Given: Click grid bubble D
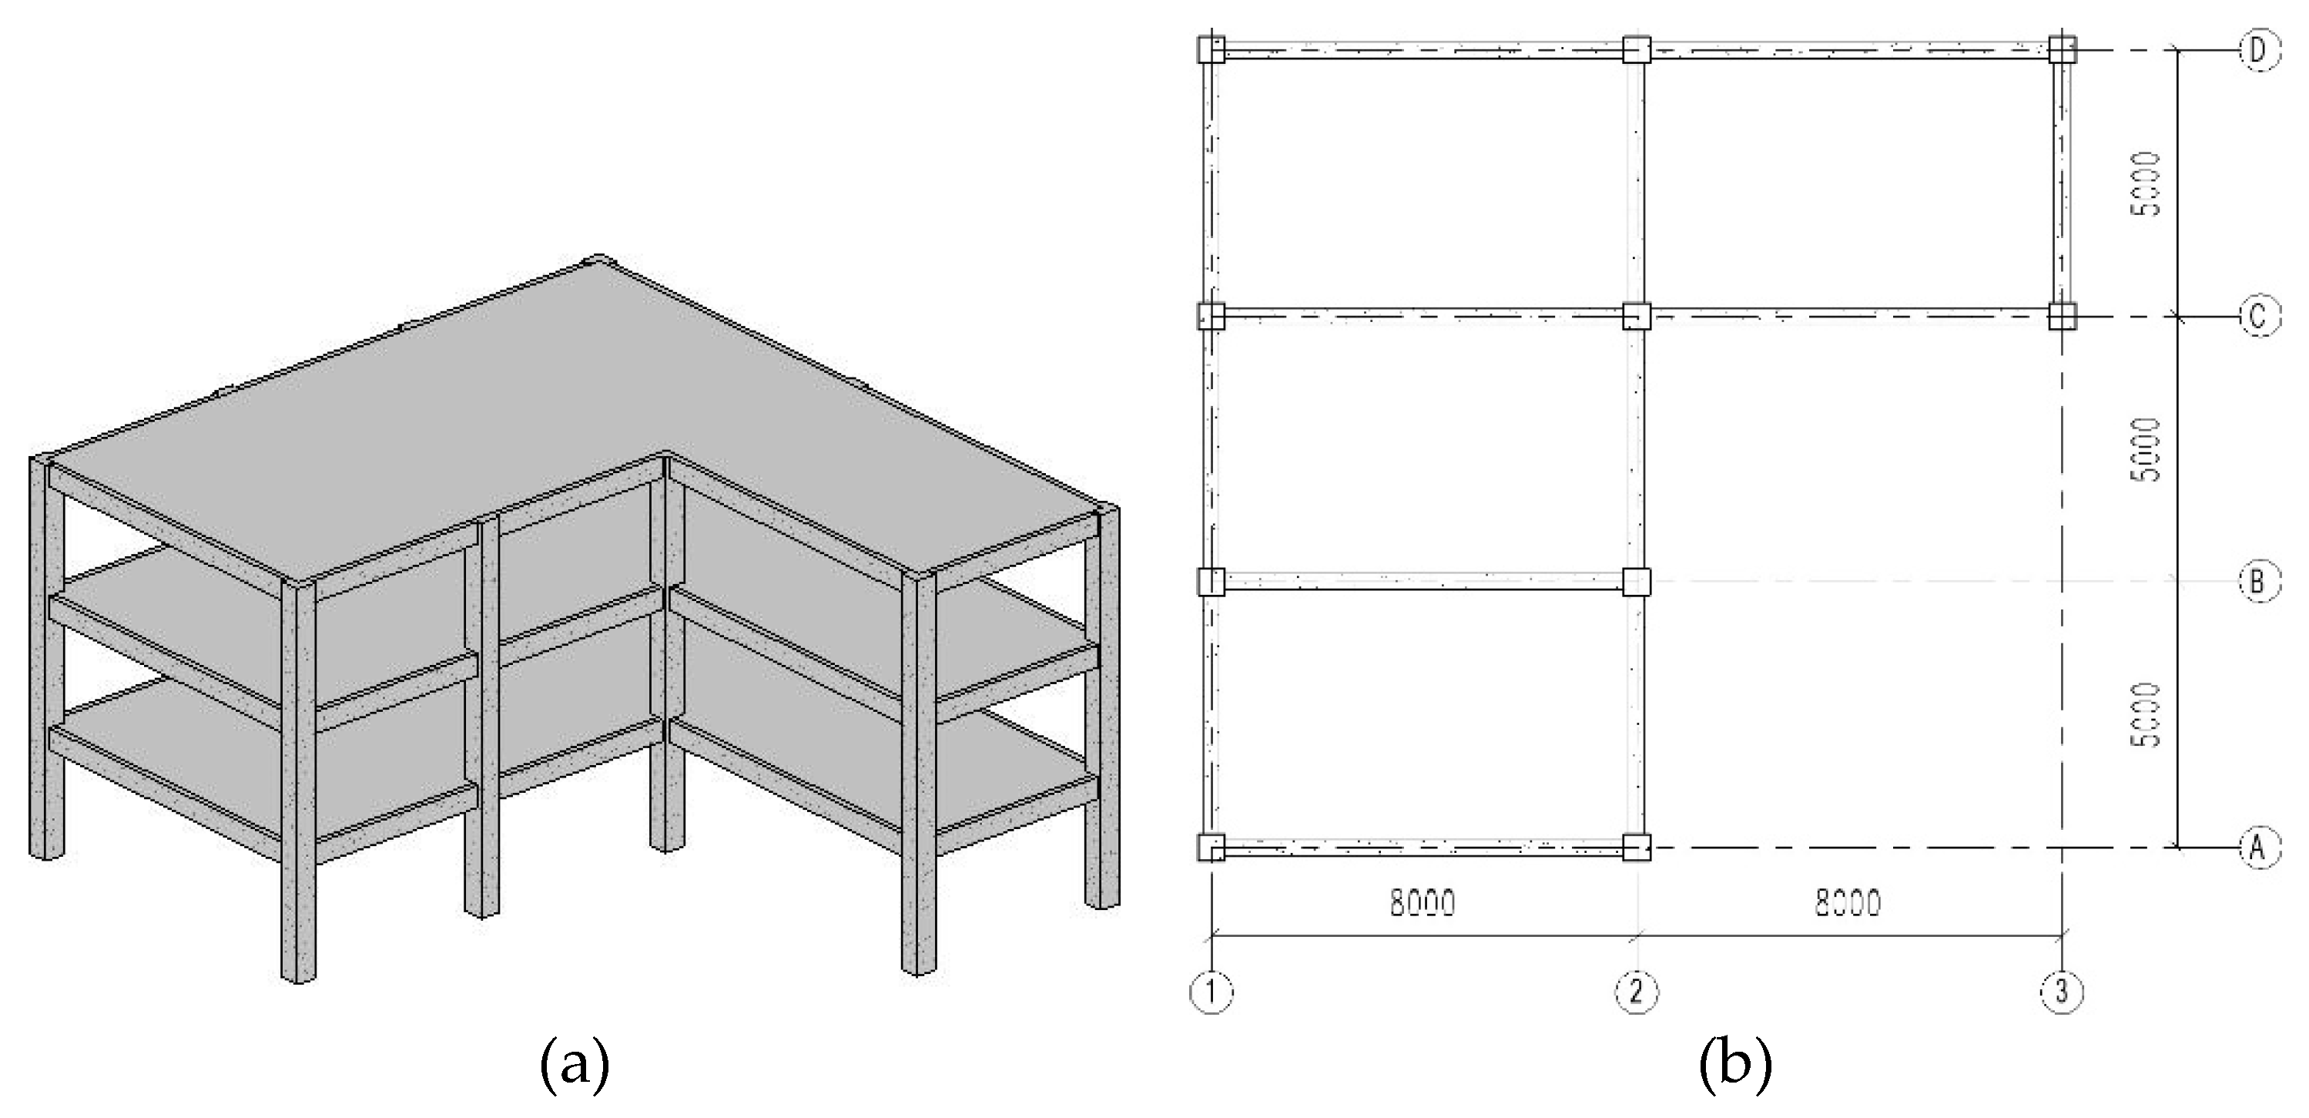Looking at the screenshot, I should [2258, 50].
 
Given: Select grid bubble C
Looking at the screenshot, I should [2258, 316].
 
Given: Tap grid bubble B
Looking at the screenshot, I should [2258, 582].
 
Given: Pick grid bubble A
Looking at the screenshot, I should [2258, 846].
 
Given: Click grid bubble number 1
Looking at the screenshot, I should [1211, 992].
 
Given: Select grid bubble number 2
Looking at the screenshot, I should [1637, 992].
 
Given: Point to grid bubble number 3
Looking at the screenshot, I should [2062, 992].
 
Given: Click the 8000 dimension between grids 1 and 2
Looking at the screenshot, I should [1423, 903].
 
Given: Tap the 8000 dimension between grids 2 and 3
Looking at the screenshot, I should [1848, 903].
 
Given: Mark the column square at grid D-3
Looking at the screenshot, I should [2062, 49].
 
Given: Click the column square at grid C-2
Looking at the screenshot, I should [1637, 316].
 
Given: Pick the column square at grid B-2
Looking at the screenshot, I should [1637, 582].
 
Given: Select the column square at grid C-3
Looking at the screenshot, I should [2062, 316].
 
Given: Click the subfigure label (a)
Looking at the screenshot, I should [575, 1064].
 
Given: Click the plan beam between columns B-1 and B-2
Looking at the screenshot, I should [1423, 582].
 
